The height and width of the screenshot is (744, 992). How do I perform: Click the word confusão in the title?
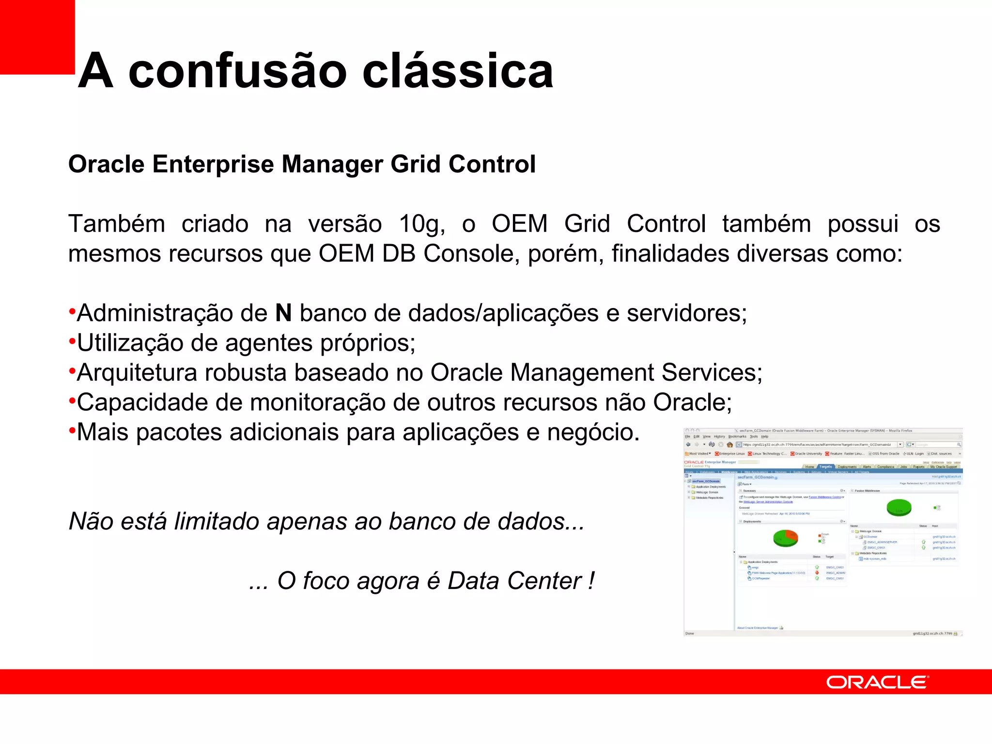(x=237, y=72)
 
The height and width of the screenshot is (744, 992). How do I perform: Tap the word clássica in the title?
(x=457, y=72)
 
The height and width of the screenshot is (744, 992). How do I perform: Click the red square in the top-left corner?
(x=37, y=37)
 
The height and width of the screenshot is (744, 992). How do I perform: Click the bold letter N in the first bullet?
(x=283, y=313)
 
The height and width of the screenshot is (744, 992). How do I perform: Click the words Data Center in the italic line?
(x=514, y=581)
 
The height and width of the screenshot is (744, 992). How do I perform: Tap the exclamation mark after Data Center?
(x=591, y=581)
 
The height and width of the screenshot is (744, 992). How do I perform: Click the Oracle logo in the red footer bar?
(x=877, y=682)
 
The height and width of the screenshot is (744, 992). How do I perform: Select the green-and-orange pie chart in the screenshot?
(x=785, y=538)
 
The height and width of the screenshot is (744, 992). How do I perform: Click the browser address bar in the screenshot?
(x=819, y=444)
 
